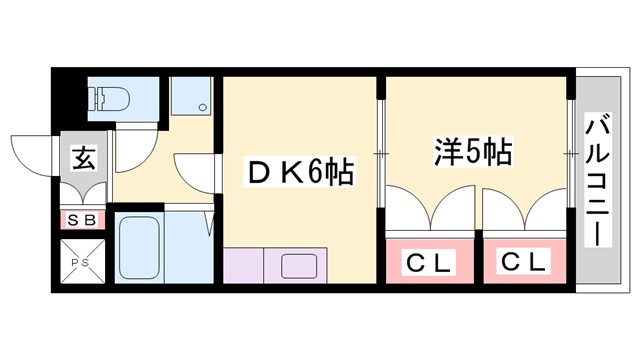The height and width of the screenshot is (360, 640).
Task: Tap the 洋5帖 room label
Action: (472, 152)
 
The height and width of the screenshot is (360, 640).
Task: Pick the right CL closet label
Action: (524, 264)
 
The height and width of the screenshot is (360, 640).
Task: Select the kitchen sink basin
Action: (298, 266)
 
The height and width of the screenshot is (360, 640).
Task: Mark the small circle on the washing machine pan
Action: (203, 108)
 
